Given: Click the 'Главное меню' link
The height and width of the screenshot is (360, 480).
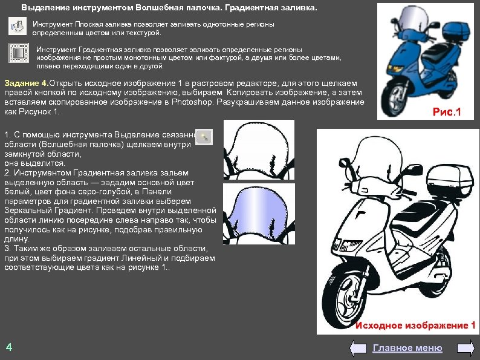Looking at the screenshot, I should (x=407, y=348).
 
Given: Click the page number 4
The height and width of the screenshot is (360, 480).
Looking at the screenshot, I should (x=8, y=347).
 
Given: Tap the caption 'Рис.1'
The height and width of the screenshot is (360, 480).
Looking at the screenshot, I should (x=447, y=112).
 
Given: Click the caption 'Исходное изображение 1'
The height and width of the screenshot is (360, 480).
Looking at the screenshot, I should (x=415, y=326).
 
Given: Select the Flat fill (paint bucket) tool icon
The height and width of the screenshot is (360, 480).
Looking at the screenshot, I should (x=18, y=27).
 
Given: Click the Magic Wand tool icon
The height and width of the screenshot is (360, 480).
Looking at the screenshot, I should (x=205, y=137).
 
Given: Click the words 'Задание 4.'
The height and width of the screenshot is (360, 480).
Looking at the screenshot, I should (x=25, y=83).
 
